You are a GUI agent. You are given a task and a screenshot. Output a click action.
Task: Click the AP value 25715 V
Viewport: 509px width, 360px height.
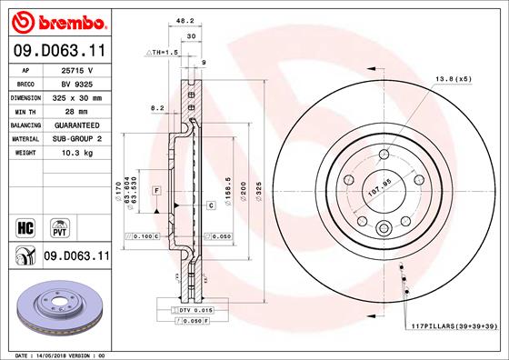(77, 69)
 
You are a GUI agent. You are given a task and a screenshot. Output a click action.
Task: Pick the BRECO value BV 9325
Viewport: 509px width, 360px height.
(77, 82)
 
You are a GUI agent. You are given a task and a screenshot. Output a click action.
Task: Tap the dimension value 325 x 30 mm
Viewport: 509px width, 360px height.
(77, 95)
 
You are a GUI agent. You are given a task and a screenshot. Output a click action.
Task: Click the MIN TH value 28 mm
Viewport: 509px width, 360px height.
(77, 109)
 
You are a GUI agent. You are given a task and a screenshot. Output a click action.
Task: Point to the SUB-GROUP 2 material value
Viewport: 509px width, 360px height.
(77, 138)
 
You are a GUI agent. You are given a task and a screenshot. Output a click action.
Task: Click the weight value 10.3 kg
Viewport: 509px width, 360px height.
(77, 153)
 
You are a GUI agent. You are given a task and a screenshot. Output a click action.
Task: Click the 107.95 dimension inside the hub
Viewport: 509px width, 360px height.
(379, 192)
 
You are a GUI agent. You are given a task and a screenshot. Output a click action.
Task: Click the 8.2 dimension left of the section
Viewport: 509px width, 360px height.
(155, 107)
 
